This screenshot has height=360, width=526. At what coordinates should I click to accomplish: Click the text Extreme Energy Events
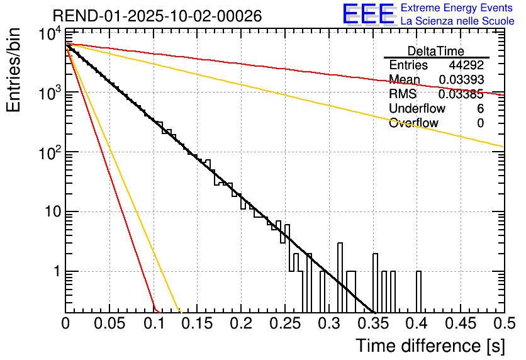click(x=457, y=8)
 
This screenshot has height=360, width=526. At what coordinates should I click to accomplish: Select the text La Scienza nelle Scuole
click(x=457, y=21)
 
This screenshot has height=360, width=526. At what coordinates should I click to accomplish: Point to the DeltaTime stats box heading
click(x=435, y=51)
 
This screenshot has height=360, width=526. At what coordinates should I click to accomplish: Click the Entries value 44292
click(x=466, y=65)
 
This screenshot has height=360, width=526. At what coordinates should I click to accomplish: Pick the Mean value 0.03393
click(x=461, y=80)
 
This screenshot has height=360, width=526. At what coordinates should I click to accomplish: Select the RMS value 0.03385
click(x=461, y=94)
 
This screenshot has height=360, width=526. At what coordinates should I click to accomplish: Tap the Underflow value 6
click(x=480, y=109)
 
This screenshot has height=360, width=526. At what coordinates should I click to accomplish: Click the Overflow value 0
click(x=480, y=123)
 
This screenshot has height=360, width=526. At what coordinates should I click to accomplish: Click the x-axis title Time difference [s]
click(x=430, y=346)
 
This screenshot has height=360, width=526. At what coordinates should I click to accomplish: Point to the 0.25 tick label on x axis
click(x=285, y=324)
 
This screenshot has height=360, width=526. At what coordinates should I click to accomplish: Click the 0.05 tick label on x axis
click(x=109, y=324)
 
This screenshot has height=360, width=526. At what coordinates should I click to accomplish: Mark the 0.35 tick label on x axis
click(x=372, y=324)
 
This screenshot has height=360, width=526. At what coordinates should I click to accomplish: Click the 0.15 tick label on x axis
click(x=197, y=324)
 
